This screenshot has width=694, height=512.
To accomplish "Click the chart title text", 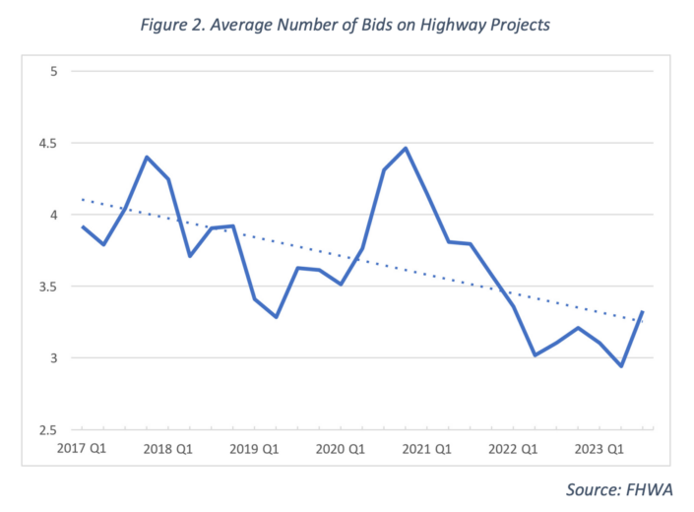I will pyautogui.click(x=347, y=25).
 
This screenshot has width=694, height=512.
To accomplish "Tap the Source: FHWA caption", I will pyautogui.click(x=619, y=489).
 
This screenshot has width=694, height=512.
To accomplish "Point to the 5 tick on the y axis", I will pyautogui.click(x=54, y=71).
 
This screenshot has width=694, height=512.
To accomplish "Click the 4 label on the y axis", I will pyautogui.click(x=54, y=215).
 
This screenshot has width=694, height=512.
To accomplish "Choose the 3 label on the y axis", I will pyautogui.click(x=54, y=358).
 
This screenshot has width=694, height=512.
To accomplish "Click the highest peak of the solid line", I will pyautogui.click(x=406, y=149).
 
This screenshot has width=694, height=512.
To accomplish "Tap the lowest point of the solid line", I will pyautogui.click(x=621, y=366).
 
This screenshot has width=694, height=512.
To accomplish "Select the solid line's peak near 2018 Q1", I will pyautogui.click(x=147, y=158).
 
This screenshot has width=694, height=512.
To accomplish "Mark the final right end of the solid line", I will pyautogui.click(x=643, y=312).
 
